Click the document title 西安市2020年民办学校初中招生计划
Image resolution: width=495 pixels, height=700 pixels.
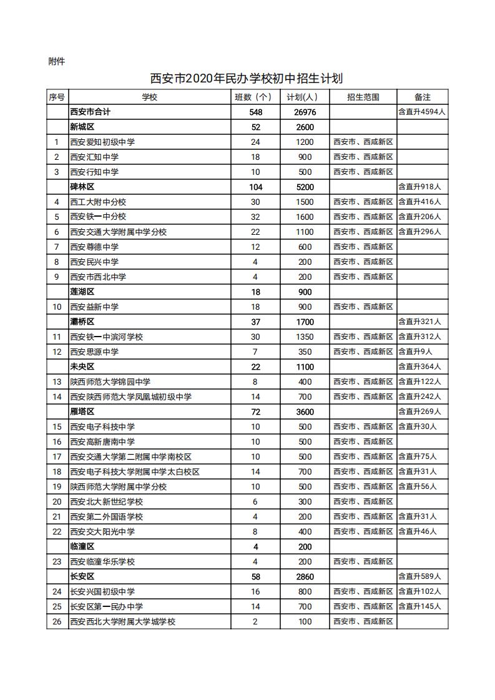[247, 79]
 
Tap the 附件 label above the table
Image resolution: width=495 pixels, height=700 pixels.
[56, 61]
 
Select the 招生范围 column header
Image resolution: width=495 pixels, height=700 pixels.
[363, 97]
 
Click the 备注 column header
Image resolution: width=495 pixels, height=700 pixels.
[422, 97]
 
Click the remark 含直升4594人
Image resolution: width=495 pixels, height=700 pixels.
[422, 112]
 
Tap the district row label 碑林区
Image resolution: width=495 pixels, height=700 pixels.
[82, 187]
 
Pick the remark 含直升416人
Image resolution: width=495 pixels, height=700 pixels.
[419, 202]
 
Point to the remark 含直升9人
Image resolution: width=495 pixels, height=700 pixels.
[415, 352]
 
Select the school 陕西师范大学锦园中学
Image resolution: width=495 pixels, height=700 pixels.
[110, 382]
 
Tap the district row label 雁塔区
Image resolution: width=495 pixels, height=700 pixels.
[82, 412]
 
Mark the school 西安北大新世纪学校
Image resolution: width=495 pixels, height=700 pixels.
[106, 501]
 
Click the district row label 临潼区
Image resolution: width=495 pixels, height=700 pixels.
[82, 546]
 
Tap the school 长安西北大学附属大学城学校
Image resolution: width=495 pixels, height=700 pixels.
[122, 621]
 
